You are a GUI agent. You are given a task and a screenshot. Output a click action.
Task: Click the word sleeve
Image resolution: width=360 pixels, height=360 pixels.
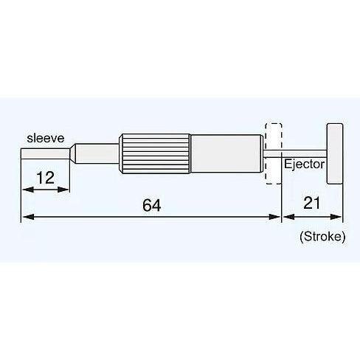tap(46, 138)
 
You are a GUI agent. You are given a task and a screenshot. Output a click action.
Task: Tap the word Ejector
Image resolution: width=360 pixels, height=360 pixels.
tap(304, 164)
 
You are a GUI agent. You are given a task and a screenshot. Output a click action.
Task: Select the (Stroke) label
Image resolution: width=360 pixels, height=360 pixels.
tap(322, 237)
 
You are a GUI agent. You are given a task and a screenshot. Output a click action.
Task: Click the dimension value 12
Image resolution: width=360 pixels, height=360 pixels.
tap(45, 178)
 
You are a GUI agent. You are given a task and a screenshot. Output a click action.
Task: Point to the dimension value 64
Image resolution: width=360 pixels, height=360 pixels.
tap(151, 205)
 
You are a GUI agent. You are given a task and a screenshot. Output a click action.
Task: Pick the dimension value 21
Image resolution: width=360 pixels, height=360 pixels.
tap(311, 203)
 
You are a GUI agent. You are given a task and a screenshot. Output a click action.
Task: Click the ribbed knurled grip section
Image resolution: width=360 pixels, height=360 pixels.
tap(155, 153)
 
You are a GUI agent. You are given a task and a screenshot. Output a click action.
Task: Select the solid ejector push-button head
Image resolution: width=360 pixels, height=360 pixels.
tap(335, 153)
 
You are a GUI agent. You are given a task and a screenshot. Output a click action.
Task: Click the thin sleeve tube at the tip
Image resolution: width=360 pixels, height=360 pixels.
tap(45, 153)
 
